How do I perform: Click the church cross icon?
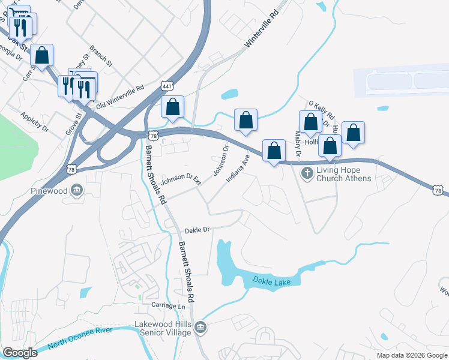click(306, 173)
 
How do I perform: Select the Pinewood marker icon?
click(77, 191)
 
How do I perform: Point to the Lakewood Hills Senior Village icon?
click(201, 328)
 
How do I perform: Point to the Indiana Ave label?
click(238, 169)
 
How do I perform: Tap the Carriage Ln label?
click(168, 306)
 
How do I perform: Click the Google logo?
click(20, 353)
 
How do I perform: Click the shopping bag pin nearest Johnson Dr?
click(246, 121)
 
